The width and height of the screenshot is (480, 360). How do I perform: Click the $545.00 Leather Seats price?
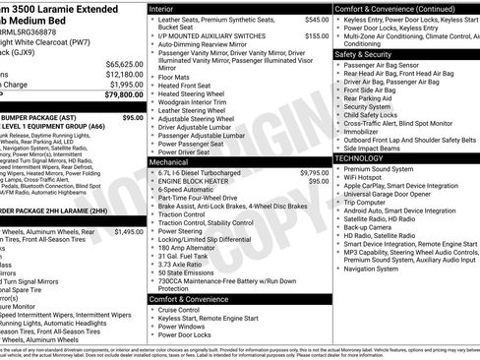pyautogui.click(x=316, y=19)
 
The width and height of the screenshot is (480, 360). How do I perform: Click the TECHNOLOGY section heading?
pyautogui.click(x=365, y=157)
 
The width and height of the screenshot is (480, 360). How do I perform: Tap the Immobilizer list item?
pyautogui.click(x=365, y=130)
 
